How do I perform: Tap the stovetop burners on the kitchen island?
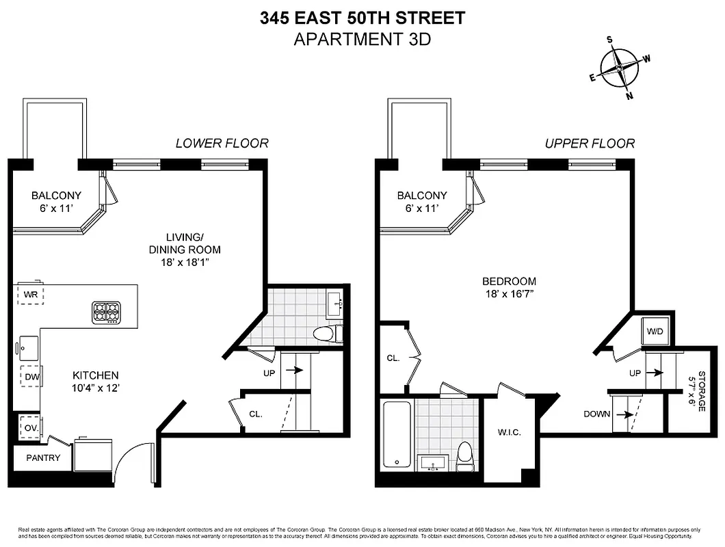pyautogui.click(x=107, y=312)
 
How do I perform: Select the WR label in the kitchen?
pyautogui.click(x=29, y=295)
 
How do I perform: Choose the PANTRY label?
pyautogui.click(x=43, y=458)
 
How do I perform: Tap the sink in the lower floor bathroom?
pyautogui.click(x=336, y=303)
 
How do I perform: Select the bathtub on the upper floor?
pyautogui.click(x=397, y=434)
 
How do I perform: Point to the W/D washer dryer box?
pyautogui.click(x=655, y=332)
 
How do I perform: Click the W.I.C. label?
pyautogui.click(x=510, y=431)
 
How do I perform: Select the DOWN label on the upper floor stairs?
pyautogui.click(x=597, y=414)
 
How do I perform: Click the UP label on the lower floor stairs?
pyautogui.click(x=269, y=373)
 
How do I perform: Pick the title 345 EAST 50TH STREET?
pyautogui.click(x=362, y=18)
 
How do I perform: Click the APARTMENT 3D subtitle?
pyautogui.click(x=362, y=39)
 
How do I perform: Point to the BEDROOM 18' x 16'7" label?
pyautogui.click(x=509, y=287)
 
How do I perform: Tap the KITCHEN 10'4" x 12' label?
pyautogui.click(x=96, y=382)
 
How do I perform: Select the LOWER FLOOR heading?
pyautogui.click(x=222, y=143)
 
